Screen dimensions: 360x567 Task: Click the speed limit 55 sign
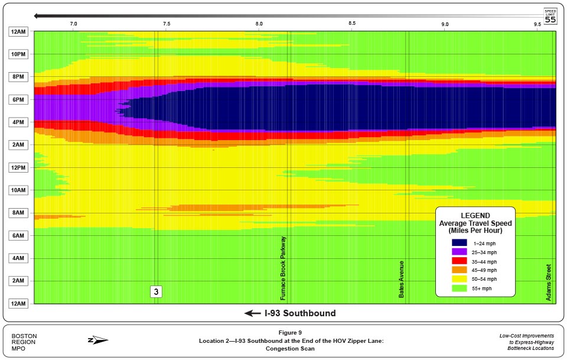pyautogui.click(x=550, y=16)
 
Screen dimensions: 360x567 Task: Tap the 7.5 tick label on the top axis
pyautogui.click(x=167, y=24)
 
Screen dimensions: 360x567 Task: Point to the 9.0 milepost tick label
pyautogui.click(x=445, y=24)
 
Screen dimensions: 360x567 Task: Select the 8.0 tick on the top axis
pyautogui.click(x=259, y=24)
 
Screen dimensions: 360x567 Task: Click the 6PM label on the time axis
pyautogui.click(x=17, y=100)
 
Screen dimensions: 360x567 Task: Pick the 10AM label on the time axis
pyautogui.click(x=17, y=190)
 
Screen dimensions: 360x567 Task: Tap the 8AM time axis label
pyautogui.click(x=17, y=213)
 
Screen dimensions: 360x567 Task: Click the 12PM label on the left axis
pyautogui.click(x=17, y=168)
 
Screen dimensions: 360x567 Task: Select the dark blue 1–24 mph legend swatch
pyautogui.click(x=460, y=242)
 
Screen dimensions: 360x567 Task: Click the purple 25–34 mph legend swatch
pyautogui.click(x=460, y=252)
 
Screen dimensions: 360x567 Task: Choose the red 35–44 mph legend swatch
pyautogui.click(x=460, y=261)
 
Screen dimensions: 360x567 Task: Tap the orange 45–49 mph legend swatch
pyautogui.click(x=460, y=270)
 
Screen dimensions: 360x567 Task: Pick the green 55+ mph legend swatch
pyautogui.click(x=460, y=288)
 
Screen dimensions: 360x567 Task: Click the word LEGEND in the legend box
pyautogui.click(x=475, y=216)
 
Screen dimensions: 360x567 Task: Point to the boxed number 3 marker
pyautogui.click(x=156, y=291)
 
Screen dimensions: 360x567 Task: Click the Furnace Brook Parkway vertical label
pyautogui.click(x=283, y=269)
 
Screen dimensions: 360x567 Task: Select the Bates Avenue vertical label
pyautogui.click(x=402, y=279)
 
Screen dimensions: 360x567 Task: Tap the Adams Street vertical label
pyautogui.click(x=549, y=282)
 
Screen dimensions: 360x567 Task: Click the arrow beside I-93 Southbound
pyautogui.click(x=252, y=313)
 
